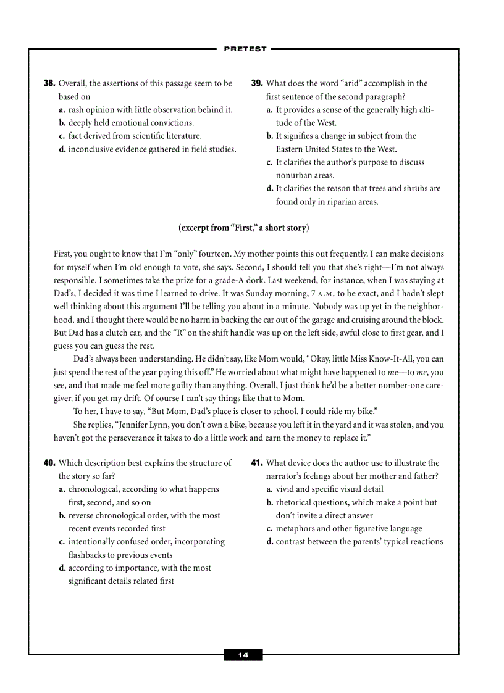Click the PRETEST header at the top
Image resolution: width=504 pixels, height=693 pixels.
pyautogui.click(x=245, y=49)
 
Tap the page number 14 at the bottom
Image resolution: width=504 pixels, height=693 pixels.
pyautogui.click(x=243, y=655)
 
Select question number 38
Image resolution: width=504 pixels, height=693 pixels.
pyautogui.click(x=49, y=83)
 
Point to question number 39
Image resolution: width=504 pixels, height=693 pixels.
pyautogui.click(x=257, y=83)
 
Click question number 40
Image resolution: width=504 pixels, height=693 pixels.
pyautogui.click(x=49, y=463)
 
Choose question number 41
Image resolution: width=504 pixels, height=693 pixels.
pyautogui.click(x=257, y=463)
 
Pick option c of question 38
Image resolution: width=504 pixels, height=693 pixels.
pyautogui.click(x=62, y=136)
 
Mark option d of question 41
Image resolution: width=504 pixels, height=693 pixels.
pyautogui.click(x=270, y=542)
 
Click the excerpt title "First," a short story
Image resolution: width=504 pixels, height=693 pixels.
pyautogui.click(x=243, y=228)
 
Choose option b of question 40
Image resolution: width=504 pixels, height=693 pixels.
pyautogui.click(x=62, y=516)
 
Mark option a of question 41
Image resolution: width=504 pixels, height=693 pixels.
pyautogui.click(x=270, y=489)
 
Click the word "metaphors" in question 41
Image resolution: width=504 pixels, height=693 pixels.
pyautogui.click(x=295, y=529)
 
